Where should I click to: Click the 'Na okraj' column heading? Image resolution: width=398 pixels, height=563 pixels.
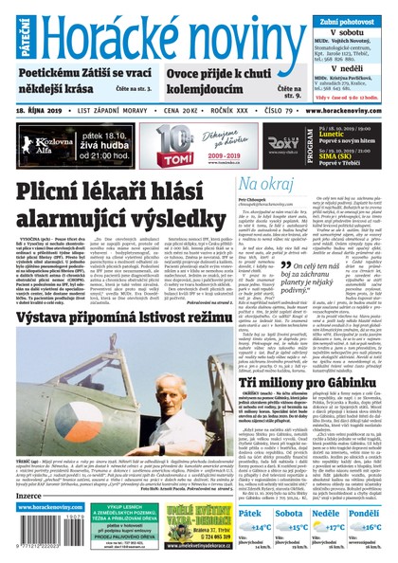[236, 183]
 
